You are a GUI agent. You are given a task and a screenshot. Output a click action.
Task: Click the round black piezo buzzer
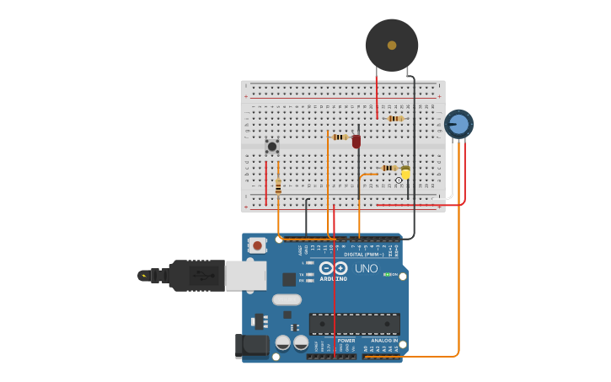click(392, 46)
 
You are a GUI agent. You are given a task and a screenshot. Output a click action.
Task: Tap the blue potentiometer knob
click(458, 125)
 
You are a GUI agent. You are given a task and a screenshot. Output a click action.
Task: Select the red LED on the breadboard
click(356, 141)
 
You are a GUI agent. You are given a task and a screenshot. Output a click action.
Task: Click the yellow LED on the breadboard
click(405, 173)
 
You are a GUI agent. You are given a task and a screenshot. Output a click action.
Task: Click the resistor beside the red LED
click(340, 137)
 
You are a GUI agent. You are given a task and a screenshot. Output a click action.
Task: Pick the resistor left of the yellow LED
click(389, 168)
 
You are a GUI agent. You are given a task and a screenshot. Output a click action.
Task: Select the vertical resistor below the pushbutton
click(278, 186)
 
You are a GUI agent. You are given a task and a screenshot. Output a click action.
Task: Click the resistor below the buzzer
click(394, 119)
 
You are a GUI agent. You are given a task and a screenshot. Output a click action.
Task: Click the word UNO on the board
click(366, 268)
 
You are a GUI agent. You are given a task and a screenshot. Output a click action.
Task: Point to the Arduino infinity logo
click(333, 268)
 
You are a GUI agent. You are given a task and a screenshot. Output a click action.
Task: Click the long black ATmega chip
click(355, 324)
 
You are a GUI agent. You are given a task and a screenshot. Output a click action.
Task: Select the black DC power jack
click(251, 345)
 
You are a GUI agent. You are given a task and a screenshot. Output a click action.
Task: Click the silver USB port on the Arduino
click(246, 276)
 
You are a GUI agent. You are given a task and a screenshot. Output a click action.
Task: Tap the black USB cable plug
click(195, 275)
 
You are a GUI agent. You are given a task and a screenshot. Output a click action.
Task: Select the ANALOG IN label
click(383, 341)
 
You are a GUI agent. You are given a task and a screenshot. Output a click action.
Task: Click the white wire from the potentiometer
click(452, 173)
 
